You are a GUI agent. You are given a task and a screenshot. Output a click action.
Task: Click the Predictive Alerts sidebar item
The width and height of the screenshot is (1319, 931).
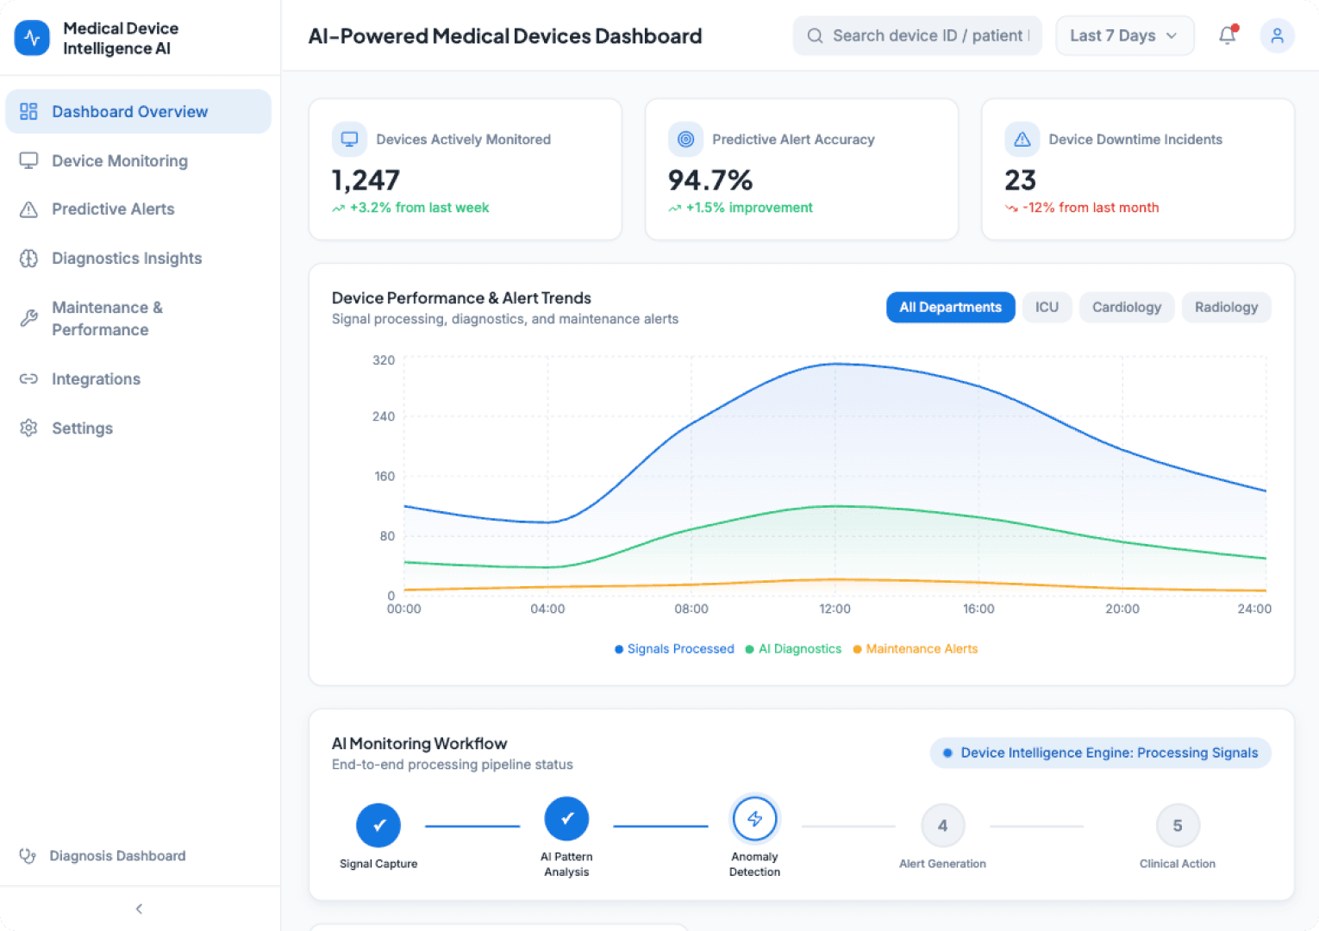coord(112,209)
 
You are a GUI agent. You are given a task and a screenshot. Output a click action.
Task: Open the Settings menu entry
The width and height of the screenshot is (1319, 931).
coord(82,428)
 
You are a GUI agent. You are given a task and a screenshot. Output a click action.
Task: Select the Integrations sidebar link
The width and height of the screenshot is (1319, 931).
coord(96,379)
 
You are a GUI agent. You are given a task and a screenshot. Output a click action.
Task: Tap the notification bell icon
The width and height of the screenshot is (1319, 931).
coord(1227,35)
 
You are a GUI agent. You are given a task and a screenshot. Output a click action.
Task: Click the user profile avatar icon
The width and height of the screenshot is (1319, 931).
coord(1277,35)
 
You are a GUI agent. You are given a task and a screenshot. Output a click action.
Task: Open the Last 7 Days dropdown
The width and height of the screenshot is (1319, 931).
coord(1124,35)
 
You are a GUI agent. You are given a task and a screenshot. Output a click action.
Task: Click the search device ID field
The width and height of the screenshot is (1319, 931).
coord(918,35)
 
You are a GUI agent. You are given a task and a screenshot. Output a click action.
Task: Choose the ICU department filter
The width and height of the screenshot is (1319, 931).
coord(1047,308)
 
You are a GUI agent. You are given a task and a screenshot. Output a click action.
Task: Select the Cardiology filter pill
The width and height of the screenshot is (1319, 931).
coord(1126,308)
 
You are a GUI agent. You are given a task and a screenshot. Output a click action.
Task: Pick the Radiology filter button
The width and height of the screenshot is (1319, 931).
coord(1226,308)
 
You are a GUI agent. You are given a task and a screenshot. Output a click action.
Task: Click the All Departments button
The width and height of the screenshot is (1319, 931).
coord(950,308)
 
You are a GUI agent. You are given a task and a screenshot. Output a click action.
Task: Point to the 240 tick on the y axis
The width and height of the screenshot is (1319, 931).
coord(384,416)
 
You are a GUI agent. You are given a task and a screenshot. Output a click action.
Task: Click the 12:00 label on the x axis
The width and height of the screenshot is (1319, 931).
coord(835,609)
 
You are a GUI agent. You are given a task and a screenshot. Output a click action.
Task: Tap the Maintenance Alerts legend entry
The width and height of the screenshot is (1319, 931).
coord(921,649)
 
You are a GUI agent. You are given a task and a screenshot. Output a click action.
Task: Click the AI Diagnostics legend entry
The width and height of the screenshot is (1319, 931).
coord(798,649)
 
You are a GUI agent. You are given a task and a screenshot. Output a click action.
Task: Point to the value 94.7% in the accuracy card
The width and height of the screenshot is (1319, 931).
coord(710,180)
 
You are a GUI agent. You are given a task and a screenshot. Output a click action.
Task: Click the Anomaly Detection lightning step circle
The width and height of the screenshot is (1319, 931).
coord(754,819)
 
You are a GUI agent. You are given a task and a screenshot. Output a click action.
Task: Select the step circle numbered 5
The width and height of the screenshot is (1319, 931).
coord(1177,826)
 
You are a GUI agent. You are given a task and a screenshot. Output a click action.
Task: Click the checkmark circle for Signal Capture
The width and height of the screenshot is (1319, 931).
coord(378,826)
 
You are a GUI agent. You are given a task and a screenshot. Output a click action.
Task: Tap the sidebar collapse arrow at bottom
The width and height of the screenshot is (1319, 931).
coord(139,909)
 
